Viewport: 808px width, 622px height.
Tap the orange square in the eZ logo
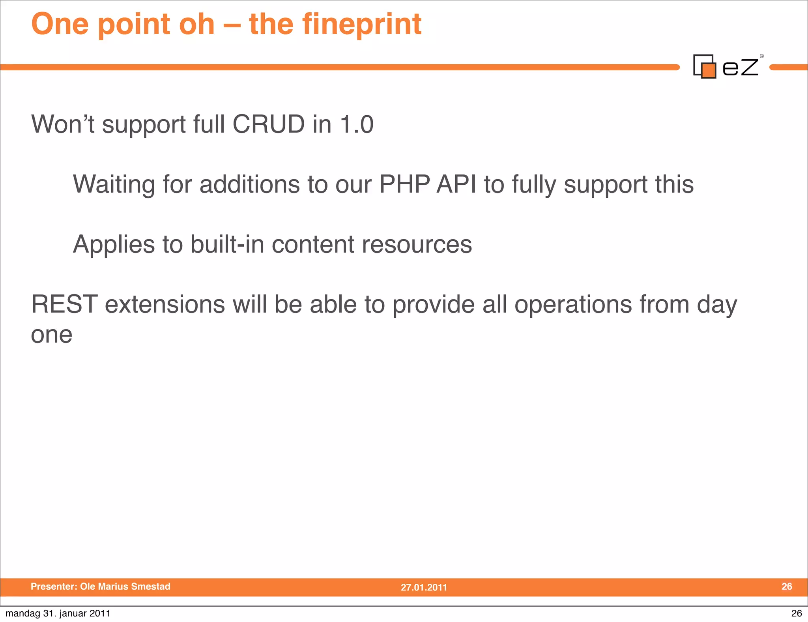709,71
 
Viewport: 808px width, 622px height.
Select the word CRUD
268,124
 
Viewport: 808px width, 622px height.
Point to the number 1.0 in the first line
357,124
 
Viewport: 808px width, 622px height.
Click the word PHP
404,184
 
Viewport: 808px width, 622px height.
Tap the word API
456,184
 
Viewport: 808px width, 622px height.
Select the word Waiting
114,184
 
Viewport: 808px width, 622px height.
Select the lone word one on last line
52,335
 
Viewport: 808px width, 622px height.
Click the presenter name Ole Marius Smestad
125,586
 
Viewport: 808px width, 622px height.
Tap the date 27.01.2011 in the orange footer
424,587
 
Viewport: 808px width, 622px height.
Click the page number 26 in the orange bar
787,586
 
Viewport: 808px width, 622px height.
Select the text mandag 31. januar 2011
58,613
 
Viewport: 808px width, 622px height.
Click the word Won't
63,124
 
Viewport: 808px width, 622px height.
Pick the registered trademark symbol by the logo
762,56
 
